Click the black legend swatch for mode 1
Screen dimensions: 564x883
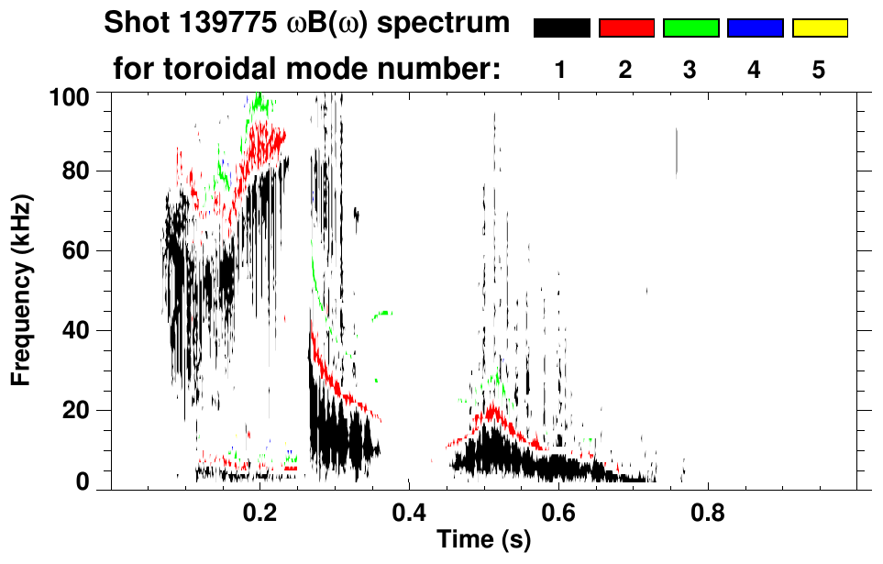click(561, 28)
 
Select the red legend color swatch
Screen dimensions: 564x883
click(625, 28)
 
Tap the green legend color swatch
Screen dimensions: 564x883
click(690, 28)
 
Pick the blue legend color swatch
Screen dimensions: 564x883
click(755, 28)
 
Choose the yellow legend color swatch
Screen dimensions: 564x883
click(819, 28)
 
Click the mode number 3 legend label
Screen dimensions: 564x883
click(690, 70)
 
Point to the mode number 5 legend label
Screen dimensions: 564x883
click(819, 70)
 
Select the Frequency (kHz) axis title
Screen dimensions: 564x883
click(20, 290)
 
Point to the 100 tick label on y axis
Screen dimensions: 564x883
click(68, 94)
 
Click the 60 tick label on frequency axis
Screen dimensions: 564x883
click(74, 251)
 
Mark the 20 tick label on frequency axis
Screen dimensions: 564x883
click(74, 410)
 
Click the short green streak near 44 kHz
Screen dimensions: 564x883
click(381, 315)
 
